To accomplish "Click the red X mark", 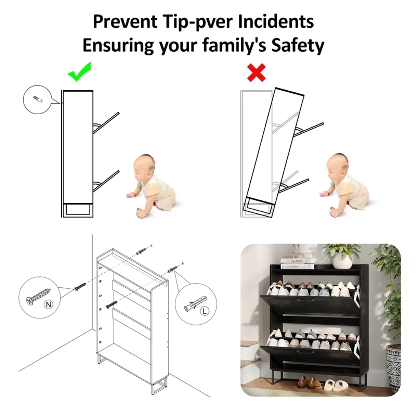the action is coord(256,72).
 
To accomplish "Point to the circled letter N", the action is coord(48,305).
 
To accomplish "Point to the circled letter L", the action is coord(204,311).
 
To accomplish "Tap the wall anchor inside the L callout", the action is coord(195,304).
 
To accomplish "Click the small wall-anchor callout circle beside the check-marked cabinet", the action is coord(37,100).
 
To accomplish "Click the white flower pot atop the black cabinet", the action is coord(342,260).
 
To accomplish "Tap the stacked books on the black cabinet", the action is coord(296,261).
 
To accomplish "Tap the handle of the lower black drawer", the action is coord(306,352).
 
